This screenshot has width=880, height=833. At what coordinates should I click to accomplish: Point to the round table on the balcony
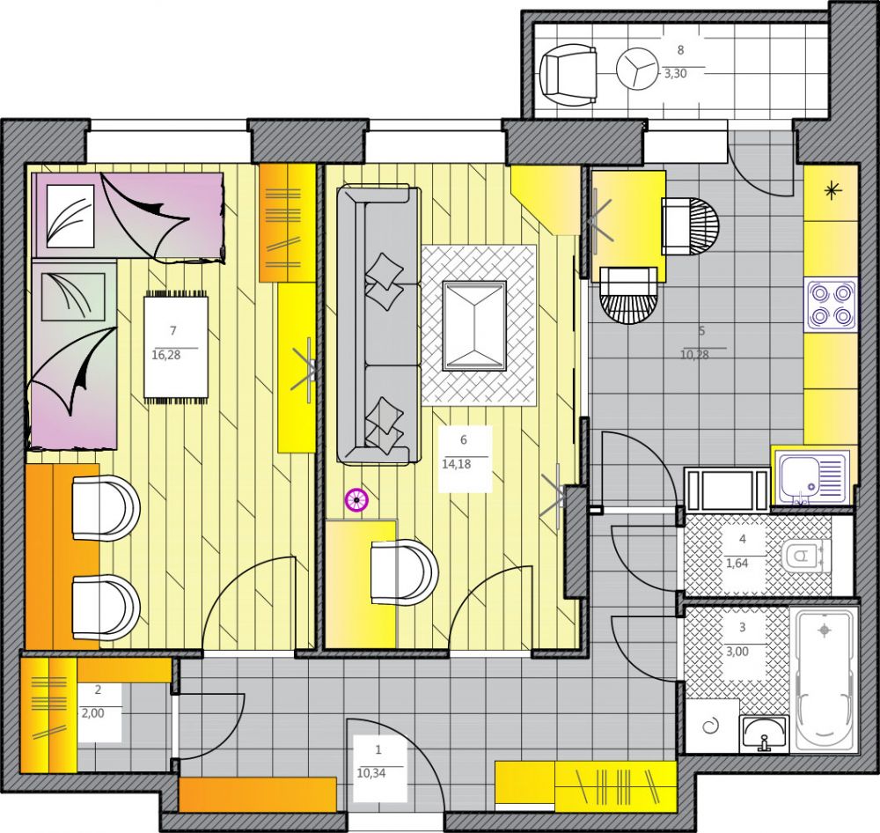click(637, 69)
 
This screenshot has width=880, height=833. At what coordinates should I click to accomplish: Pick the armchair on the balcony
click(568, 74)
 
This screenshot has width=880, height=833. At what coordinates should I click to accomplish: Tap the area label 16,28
click(166, 355)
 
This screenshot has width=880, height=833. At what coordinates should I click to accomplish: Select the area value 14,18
click(456, 465)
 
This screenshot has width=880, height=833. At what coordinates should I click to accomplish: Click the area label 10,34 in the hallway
click(371, 773)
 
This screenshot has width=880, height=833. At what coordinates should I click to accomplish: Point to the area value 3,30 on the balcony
click(675, 74)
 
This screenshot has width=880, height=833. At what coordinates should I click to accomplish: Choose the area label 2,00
click(93, 713)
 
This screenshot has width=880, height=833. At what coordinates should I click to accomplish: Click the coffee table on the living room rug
click(474, 326)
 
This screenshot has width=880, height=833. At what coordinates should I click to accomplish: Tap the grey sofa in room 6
click(378, 325)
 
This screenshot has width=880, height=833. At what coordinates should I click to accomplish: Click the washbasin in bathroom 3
click(764, 733)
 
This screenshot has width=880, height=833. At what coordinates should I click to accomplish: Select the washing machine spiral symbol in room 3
click(711, 726)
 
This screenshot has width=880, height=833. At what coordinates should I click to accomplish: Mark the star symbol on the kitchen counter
click(832, 192)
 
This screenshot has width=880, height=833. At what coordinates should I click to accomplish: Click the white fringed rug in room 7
click(176, 347)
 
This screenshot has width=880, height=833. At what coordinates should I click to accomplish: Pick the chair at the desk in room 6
click(404, 572)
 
